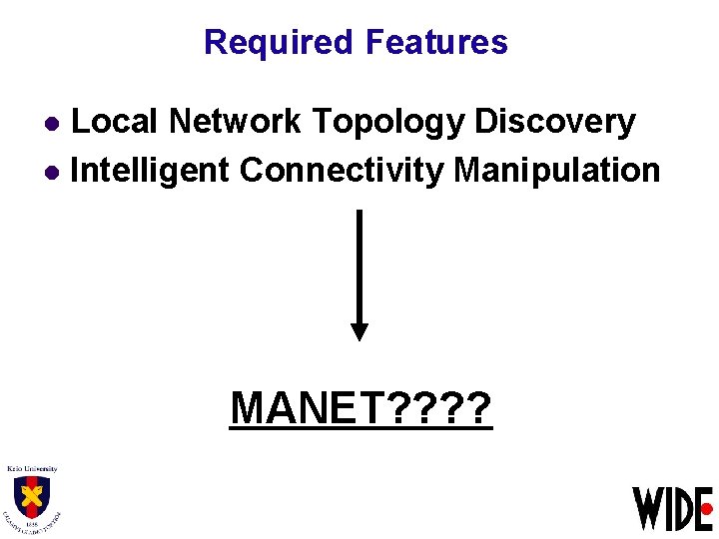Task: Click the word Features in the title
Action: point(436,42)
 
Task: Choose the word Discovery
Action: point(555,122)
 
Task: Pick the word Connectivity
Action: point(342,171)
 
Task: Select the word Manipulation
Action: point(556,171)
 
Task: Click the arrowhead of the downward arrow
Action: point(359,331)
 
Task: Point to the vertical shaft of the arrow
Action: point(359,265)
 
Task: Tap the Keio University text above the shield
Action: point(33,468)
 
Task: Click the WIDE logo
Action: point(672,508)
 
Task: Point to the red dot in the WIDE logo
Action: point(708,508)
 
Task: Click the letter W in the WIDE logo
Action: point(646,508)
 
